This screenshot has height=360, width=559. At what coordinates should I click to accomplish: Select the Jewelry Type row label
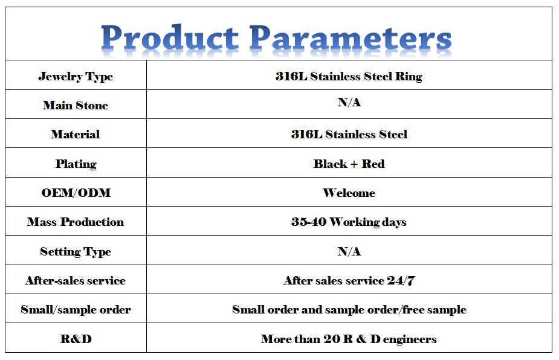click(x=76, y=77)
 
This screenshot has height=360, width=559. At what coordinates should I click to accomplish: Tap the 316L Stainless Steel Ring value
click(x=349, y=76)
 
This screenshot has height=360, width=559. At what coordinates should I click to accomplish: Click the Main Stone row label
click(x=76, y=105)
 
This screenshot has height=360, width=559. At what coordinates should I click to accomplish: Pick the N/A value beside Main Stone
click(x=349, y=102)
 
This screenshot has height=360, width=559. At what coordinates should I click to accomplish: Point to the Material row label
click(x=75, y=134)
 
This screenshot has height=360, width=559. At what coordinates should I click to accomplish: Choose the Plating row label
click(x=76, y=164)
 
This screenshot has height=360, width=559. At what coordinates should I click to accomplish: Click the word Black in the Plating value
click(x=330, y=164)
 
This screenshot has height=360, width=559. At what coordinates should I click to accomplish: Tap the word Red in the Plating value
click(x=373, y=164)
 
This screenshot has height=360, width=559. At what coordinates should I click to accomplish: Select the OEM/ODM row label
click(x=76, y=193)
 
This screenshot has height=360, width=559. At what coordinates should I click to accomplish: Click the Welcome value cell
click(x=349, y=193)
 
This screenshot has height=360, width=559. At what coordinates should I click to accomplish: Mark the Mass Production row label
click(x=76, y=222)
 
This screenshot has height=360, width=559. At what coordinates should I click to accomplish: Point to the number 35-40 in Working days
click(x=309, y=222)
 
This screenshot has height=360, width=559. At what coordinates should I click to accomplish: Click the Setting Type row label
click(x=76, y=252)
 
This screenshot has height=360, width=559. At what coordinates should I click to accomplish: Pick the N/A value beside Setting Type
click(x=349, y=252)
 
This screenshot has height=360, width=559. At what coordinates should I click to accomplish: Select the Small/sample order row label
click(x=76, y=310)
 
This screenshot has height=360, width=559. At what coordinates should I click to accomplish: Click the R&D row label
click(x=76, y=339)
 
